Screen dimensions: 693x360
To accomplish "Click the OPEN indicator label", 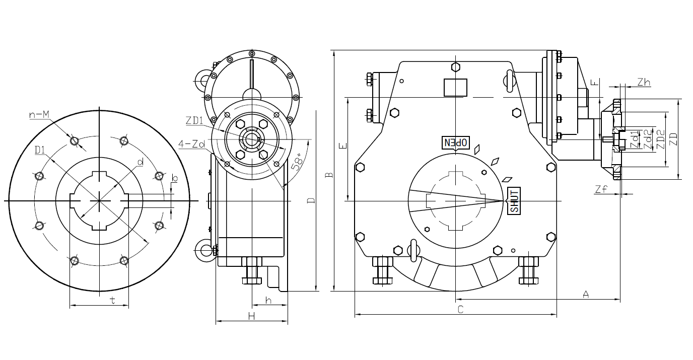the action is pos(455,142).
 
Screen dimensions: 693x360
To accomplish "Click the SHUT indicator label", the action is pos(514,201).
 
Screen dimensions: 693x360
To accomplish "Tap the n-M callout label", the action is pos(39,115).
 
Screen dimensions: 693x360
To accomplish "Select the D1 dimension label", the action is pos(40,151).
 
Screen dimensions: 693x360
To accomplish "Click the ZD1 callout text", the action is pos(194,120).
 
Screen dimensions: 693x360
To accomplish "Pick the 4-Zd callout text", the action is pos(192,144).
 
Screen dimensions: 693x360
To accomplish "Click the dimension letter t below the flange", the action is pos(113,300).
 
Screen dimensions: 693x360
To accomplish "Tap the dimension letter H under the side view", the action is pos(252,316).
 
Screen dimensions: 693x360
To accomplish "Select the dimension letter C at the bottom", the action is pos(460,309).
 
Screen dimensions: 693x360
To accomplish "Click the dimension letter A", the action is pos(586,295).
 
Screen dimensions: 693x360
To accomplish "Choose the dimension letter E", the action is pos(343,146).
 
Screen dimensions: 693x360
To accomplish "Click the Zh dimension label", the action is pos(644,82).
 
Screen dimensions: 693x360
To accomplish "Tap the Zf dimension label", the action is pos(601,189).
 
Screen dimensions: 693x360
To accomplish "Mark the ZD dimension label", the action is pos(673,139).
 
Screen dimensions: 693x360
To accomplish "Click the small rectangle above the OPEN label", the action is pos(455,87).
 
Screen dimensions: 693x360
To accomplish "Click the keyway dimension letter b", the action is pos(174,178).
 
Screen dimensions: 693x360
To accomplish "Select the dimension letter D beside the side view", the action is pos(311,201).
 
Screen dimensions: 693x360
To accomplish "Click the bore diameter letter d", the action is pos(140,162).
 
